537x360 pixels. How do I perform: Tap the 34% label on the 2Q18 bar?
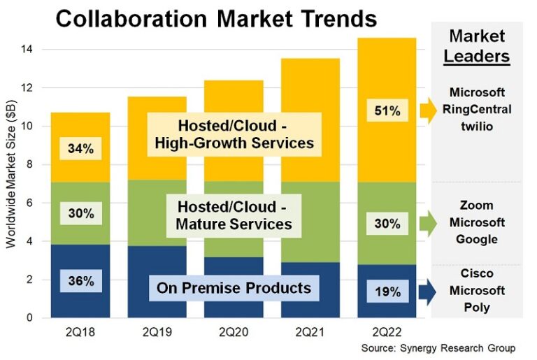(80, 149)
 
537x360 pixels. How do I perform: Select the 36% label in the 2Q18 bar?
(80, 282)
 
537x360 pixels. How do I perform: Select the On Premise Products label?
(234, 287)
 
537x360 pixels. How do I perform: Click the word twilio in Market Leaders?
(477, 127)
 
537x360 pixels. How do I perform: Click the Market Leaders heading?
(477, 45)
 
